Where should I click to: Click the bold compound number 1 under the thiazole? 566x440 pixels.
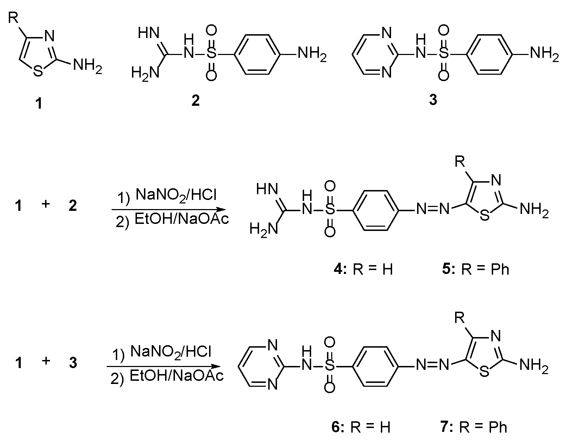(x=39, y=104)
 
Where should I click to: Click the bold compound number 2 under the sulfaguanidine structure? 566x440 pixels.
(x=195, y=101)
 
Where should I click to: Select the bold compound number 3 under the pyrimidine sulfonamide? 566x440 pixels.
(x=433, y=100)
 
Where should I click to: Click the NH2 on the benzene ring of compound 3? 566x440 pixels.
(x=544, y=55)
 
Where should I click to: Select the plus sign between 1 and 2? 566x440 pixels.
(x=45, y=205)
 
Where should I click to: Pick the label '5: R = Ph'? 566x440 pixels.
(x=476, y=269)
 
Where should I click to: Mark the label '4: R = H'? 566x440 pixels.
(x=363, y=269)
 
